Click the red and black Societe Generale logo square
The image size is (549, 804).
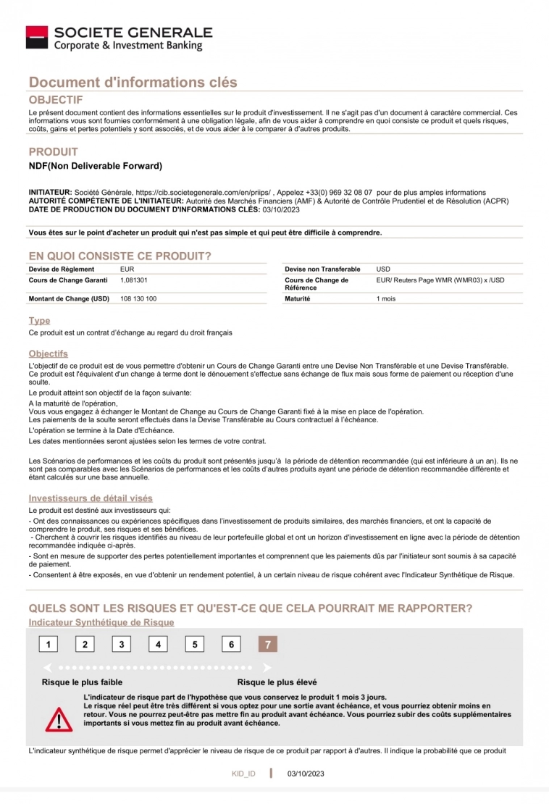pyautogui.click(x=37, y=38)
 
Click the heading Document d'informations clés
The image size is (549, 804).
pyautogui.click(x=133, y=83)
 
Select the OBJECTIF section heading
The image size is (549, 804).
pyautogui.click(x=56, y=99)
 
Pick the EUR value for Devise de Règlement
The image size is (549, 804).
pyautogui.click(x=127, y=269)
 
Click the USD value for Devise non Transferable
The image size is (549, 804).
pyautogui.click(x=383, y=269)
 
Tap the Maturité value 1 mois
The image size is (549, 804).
pyautogui.click(x=386, y=298)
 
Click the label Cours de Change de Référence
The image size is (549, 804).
pyautogui.click(x=317, y=283)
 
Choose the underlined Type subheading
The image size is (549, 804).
pyautogui.click(x=39, y=320)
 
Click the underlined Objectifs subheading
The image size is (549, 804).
pyautogui.click(x=49, y=353)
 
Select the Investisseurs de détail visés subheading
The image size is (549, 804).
pyautogui.click(x=91, y=498)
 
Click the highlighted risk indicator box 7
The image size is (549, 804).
pyautogui.click(x=268, y=645)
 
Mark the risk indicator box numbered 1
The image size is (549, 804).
pyautogui.click(x=48, y=645)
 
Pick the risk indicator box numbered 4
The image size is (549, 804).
pyautogui.click(x=158, y=645)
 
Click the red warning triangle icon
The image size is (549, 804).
pyautogui.click(x=55, y=719)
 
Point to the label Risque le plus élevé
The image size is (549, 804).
pyautogui.click(x=277, y=682)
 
